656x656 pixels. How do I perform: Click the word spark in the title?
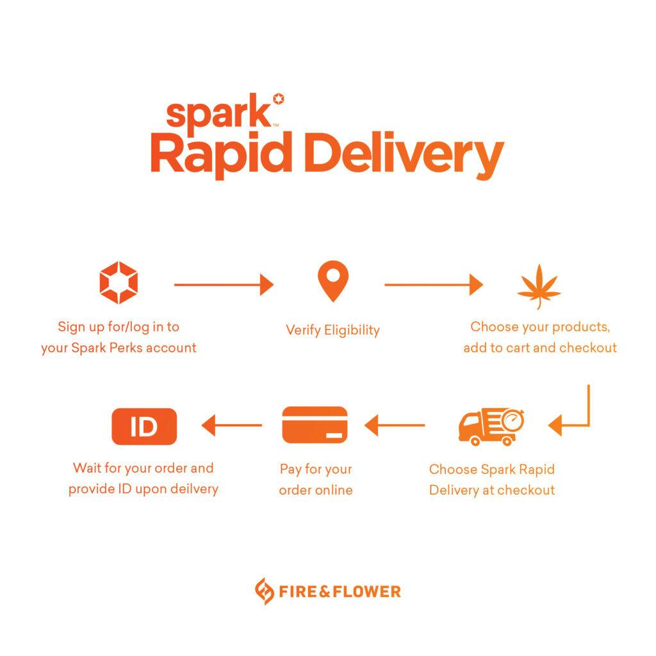pyautogui.click(x=219, y=112)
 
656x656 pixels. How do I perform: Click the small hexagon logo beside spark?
pyautogui.click(x=279, y=99)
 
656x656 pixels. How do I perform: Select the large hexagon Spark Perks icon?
pyautogui.click(x=119, y=283)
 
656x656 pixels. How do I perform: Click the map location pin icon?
pyautogui.click(x=333, y=281)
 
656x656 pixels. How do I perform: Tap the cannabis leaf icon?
pyautogui.click(x=539, y=286)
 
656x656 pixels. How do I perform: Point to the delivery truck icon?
pyautogui.click(x=491, y=426)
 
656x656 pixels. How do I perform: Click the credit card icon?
pyautogui.click(x=315, y=425)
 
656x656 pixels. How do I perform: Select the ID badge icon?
pyautogui.click(x=144, y=426)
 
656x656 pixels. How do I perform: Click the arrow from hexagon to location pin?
pyautogui.click(x=224, y=285)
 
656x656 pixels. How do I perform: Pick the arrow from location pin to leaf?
pyautogui.click(x=434, y=285)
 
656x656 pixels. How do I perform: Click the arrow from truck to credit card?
pyautogui.click(x=395, y=425)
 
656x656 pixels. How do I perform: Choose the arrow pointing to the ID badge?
pyautogui.click(x=232, y=425)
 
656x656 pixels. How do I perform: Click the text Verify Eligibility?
pyautogui.click(x=333, y=330)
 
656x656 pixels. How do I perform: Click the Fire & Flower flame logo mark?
pyautogui.click(x=265, y=591)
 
